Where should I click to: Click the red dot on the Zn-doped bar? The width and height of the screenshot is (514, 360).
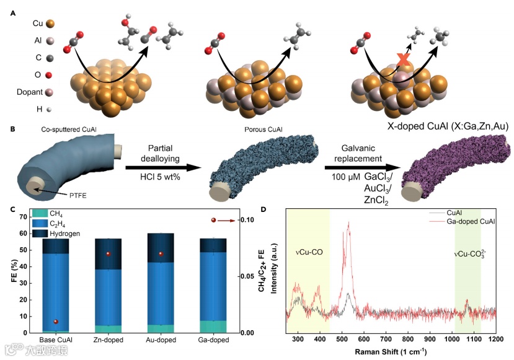(x=108, y=254)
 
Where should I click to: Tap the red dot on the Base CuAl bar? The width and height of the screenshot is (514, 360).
(x=56, y=322)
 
